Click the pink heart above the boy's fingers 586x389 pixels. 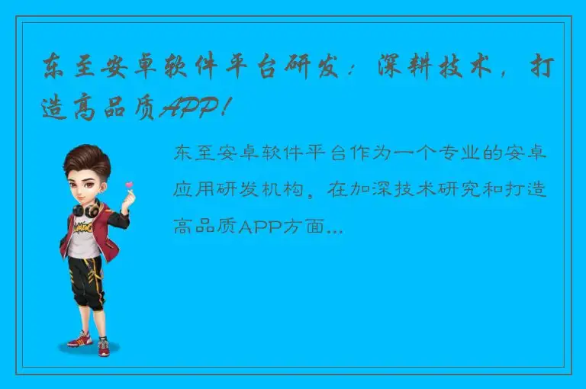[130, 185]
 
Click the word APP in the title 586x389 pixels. [189, 108]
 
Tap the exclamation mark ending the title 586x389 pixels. [223, 108]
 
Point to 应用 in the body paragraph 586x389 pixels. [192, 189]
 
